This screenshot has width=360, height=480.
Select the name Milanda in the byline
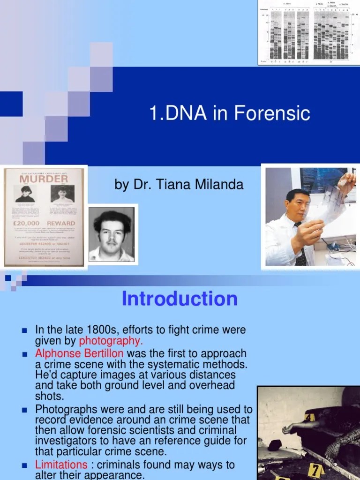tap(221, 185)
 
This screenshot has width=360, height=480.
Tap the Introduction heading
tap(180, 299)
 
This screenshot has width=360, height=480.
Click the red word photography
tap(111, 341)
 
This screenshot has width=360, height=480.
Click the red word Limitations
tap(61, 465)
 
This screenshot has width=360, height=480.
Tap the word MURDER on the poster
tap(43, 179)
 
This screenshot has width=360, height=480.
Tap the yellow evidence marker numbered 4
tap(309, 417)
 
